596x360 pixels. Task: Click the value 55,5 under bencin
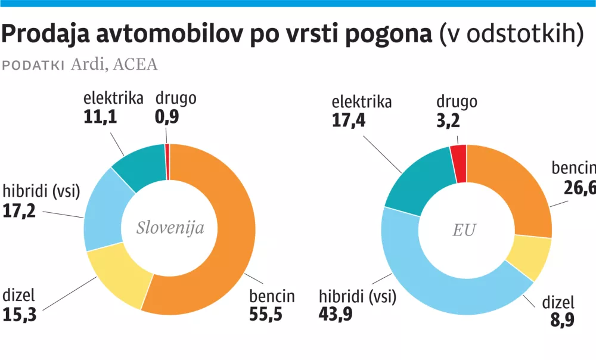coord(265,314)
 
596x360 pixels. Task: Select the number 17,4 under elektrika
coord(349,121)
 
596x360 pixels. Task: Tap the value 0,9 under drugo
coord(167,117)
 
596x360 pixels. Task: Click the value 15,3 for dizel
coord(20,314)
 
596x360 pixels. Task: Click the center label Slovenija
coord(170,228)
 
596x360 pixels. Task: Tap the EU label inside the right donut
coord(465,229)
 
